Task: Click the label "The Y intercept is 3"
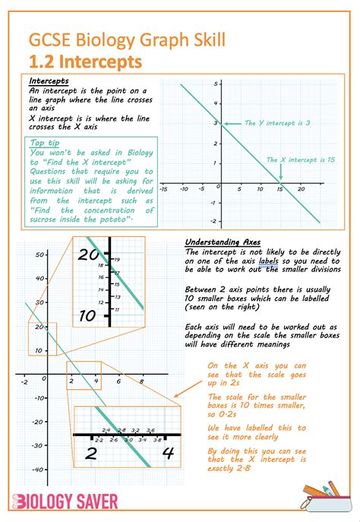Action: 276,123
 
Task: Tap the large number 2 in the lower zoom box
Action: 91,454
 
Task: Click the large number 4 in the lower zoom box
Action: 169,454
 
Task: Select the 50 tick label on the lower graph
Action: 36,256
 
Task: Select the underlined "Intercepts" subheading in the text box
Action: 49,81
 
